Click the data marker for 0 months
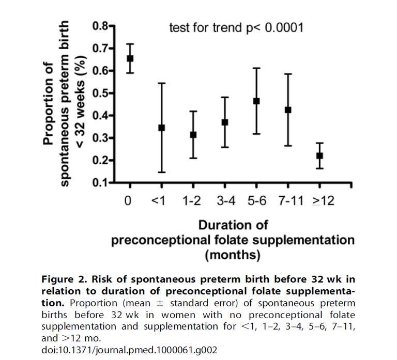click(130, 58)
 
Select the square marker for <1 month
click(161, 127)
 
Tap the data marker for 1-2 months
click(193, 134)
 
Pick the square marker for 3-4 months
click(225, 122)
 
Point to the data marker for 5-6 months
click(256, 101)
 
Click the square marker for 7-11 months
click(288, 109)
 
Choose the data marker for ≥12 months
click(319, 155)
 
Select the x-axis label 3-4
click(225, 201)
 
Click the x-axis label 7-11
click(288, 201)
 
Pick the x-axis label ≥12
click(322, 201)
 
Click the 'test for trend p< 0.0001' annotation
click(236, 27)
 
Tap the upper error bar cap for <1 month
click(161, 83)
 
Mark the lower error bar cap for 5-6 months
click(256, 134)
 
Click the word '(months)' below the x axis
click(233, 255)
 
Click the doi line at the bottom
click(128, 350)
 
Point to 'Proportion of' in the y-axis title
click(49, 103)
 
